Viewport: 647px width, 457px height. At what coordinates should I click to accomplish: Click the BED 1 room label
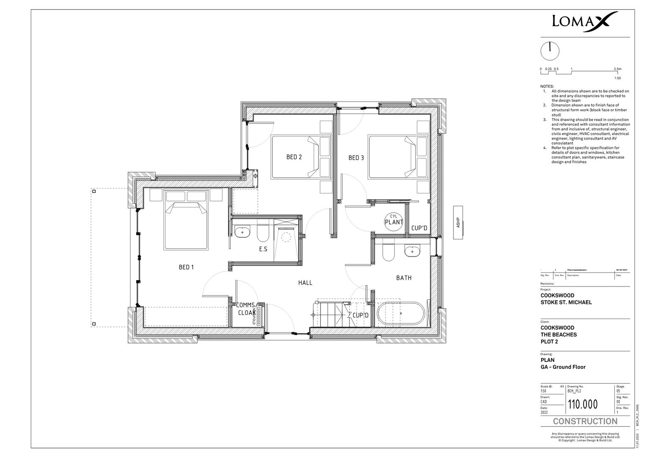[186, 267]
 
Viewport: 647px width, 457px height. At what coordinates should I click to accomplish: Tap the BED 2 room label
[294, 157]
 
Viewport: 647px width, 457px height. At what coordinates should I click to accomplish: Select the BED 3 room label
[356, 158]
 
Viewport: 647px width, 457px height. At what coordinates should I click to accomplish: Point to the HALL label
[305, 283]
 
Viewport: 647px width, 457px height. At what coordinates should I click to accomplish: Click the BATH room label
[404, 278]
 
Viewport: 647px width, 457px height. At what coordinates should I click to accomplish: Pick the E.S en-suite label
[263, 249]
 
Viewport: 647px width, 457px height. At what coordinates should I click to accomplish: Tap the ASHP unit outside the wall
[458, 223]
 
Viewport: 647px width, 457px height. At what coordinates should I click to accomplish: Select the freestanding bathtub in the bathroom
[401, 314]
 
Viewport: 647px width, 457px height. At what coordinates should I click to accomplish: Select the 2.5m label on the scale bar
[617, 69]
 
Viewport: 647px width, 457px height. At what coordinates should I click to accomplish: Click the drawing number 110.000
[583, 405]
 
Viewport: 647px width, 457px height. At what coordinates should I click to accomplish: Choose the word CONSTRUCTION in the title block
[585, 421]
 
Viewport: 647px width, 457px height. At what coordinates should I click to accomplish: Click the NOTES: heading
[547, 86]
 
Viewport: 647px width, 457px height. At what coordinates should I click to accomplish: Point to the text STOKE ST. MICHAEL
[566, 303]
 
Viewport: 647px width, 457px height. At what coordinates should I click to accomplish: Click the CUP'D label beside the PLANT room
[419, 228]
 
